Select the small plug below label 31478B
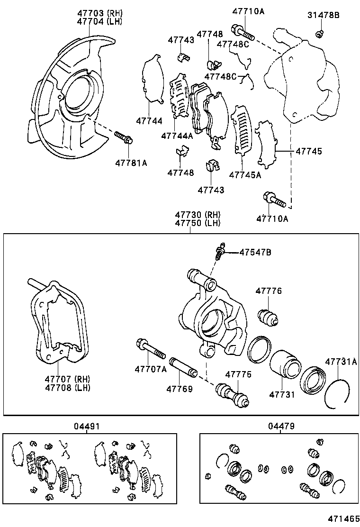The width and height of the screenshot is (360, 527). (320, 33)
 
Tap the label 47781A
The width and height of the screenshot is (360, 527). (131, 163)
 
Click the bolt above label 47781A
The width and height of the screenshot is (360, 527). (124, 137)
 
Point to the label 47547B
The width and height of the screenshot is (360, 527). (255, 252)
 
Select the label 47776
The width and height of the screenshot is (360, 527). (269, 291)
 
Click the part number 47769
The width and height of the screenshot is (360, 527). (179, 389)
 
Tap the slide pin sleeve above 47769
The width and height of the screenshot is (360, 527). (183, 367)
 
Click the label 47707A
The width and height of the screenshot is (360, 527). (150, 369)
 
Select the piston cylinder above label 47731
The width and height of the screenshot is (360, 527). (285, 364)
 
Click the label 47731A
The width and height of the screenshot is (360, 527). (341, 362)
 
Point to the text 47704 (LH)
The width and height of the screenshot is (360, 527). (100, 21)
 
